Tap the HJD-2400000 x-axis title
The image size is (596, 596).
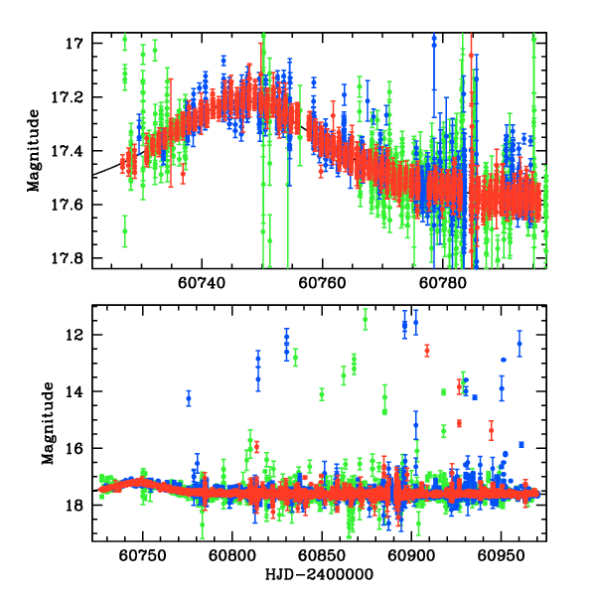tap(318, 576)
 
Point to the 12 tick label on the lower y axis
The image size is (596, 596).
tap(74, 335)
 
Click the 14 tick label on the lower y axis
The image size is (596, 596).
tap(74, 391)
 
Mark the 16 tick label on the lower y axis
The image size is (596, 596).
tap(74, 448)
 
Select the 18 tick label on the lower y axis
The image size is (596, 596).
tap(74, 505)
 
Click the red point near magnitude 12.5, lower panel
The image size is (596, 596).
tap(427, 351)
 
